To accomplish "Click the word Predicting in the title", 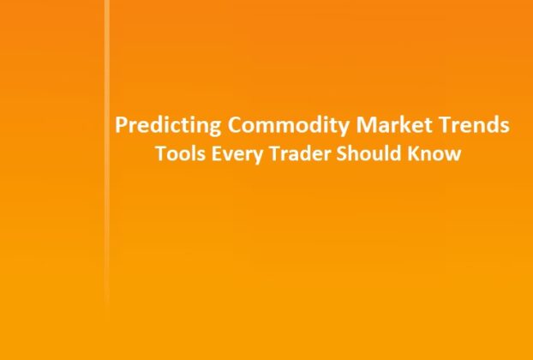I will tap(168, 126).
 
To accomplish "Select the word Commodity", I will tap(277, 126).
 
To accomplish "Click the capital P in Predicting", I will tap(121, 126).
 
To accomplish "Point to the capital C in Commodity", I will tap(234, 126).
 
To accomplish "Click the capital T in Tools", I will tap(159, 155).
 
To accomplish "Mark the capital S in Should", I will tap(344, 155).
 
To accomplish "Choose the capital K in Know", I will tap(416, 155).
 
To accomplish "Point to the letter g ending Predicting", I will tap(215, 129).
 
